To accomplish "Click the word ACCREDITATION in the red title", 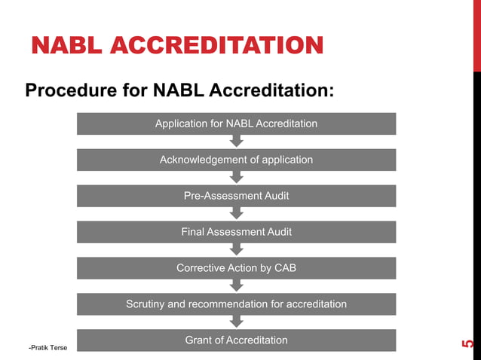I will pyautogui.click(x=219, y=45).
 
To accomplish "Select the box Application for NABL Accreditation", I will pyautogui.click(x=236, y=124).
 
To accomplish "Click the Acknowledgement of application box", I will pyautogui.click(x=236, y=160).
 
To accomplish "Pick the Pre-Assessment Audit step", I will pyautogui.click(x=236, y=196).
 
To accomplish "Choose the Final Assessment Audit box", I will pyautogui.click(x=236, y=232).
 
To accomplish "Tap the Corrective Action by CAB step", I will pyautogui.click(x=236, y=268).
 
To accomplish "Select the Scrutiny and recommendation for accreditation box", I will pyautogui.click(x=236, y=304).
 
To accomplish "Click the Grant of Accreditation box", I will pyautogui.click(x=236, y=340).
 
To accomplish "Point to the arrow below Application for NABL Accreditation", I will pyautogui.click(x=236, y=141).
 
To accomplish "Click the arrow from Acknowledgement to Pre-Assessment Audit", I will pyautogui.click(x=236, y=177).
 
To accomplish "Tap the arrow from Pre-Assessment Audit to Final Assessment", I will pyautogui.click(x=236, y=213).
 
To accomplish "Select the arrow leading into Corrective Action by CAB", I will pyautogui.click(x=236, y=249).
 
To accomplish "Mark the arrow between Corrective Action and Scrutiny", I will pyautogui.click(x=236, y=285).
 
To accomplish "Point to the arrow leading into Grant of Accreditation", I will pyautogui.click(x=236, y=322).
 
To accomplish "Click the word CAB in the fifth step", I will pyautogui.click(x=285, y=268).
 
